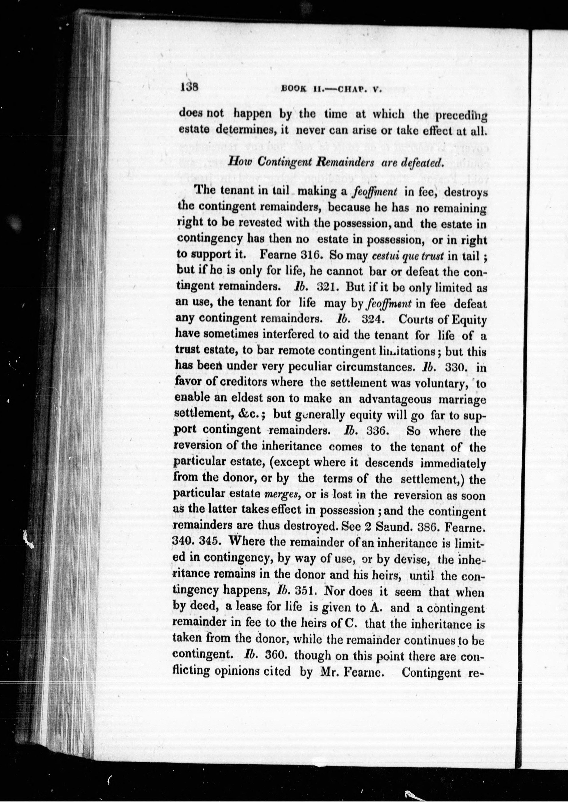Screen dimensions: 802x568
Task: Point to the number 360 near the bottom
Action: (x=276, y=655)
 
